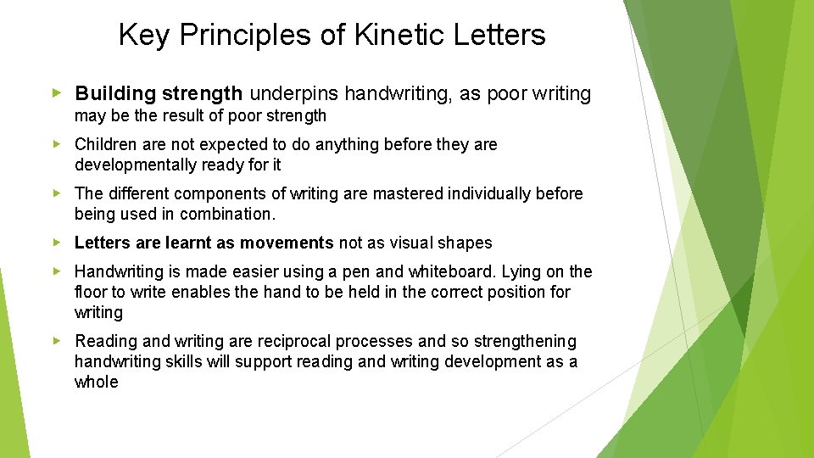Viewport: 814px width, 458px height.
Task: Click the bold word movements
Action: pos(287,243)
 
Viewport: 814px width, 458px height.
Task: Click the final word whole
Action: pos(97,383)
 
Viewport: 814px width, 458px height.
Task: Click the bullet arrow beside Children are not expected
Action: pos(57,144)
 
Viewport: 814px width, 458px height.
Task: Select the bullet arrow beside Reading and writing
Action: pos(57,341)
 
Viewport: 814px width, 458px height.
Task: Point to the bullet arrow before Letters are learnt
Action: pos(57,243)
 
